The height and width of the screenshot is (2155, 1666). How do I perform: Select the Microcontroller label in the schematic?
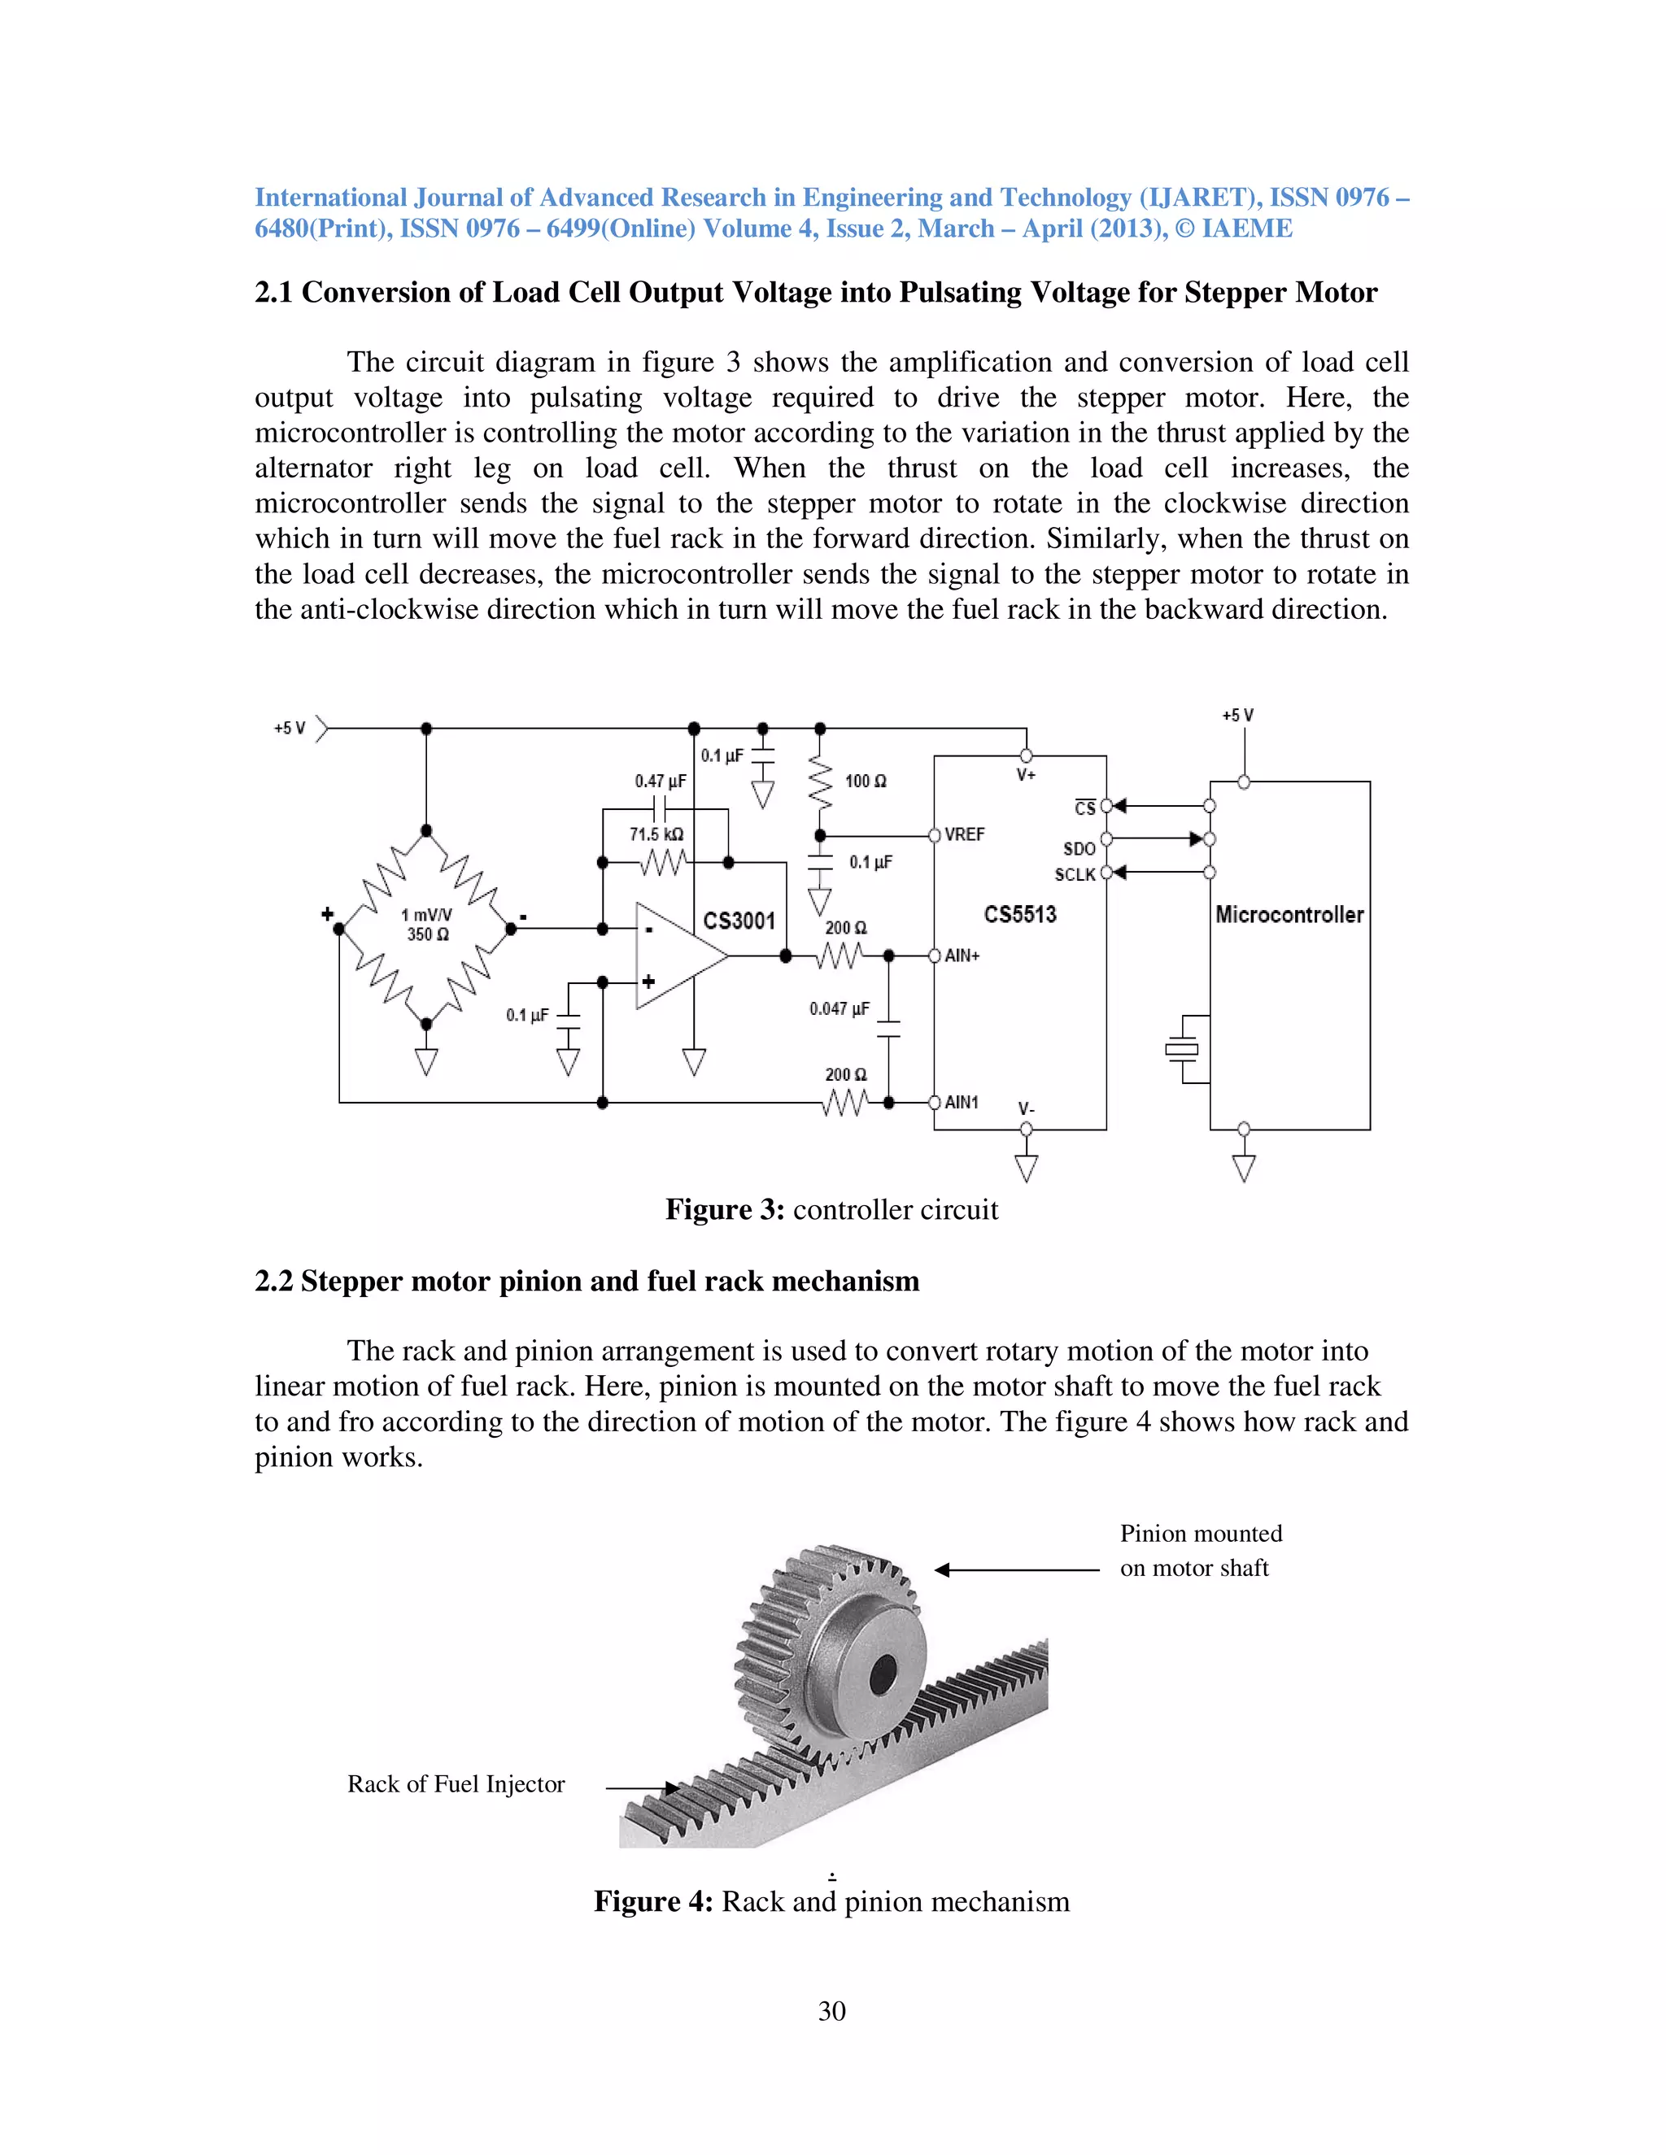point(1289,915)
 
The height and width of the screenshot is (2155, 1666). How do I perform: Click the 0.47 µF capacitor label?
point(661,781)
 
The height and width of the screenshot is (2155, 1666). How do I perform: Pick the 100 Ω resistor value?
point(866,781)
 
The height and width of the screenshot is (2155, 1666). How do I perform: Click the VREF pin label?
point(964,835)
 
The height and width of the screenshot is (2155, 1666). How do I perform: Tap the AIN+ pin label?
point(962,956)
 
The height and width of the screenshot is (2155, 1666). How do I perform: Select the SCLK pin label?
point(1075,875)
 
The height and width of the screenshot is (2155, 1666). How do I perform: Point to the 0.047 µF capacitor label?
point(839,1008)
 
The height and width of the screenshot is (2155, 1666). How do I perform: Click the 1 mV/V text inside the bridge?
point(426,915)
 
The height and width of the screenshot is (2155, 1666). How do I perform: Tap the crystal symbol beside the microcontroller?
point(1182,1049)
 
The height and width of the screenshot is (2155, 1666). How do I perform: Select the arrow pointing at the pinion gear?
point(1017,1569)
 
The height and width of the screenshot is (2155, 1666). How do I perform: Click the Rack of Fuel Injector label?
point(456,1784)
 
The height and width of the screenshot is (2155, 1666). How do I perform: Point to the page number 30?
point(832,2011)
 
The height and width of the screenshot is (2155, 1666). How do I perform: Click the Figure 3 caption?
point(832,1210)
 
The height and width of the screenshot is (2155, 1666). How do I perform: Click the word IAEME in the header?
point(1246,229)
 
